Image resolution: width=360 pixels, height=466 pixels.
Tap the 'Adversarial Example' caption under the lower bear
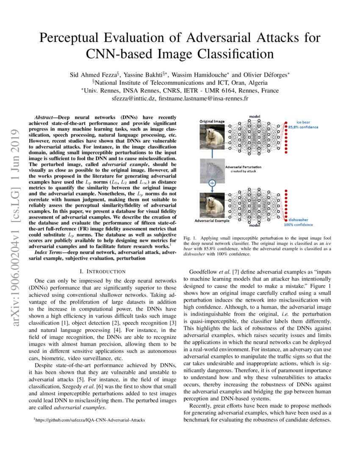(211, 221)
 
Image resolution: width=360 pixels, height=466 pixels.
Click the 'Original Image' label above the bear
(212, 122)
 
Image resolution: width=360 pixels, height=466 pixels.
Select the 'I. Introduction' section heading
(102, 271)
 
